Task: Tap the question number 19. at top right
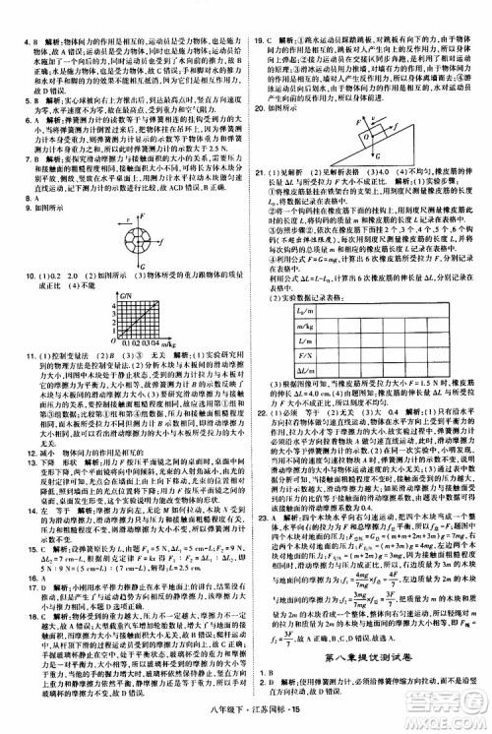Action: [x=260, y=15]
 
